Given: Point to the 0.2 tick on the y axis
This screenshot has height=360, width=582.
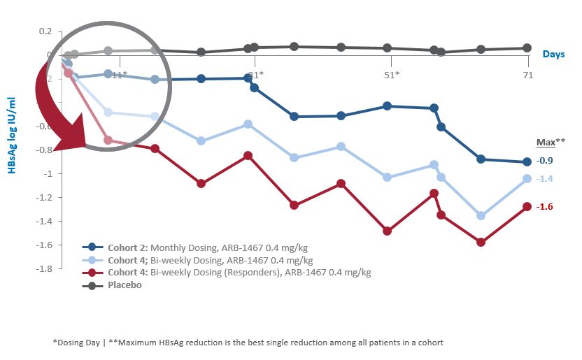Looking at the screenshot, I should pos(45,31).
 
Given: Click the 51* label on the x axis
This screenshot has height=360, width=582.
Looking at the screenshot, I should pos(392,75).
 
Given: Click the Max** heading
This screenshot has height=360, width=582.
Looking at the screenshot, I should pos(546,142).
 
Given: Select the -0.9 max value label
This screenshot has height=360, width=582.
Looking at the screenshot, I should pos(544,160).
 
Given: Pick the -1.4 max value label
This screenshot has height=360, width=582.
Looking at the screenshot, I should pos(544,179).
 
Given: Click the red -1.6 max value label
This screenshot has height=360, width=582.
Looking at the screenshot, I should pos(544,207).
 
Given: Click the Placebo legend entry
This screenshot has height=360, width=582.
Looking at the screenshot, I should pos(125,285).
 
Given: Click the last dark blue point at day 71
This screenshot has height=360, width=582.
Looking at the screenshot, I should pos(527,162).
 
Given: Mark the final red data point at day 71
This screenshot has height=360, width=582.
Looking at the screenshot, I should pos(527,206).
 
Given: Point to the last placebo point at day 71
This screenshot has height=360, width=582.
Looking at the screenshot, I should pos(527,48).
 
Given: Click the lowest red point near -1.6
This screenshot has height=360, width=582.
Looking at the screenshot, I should pos(481,242).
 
